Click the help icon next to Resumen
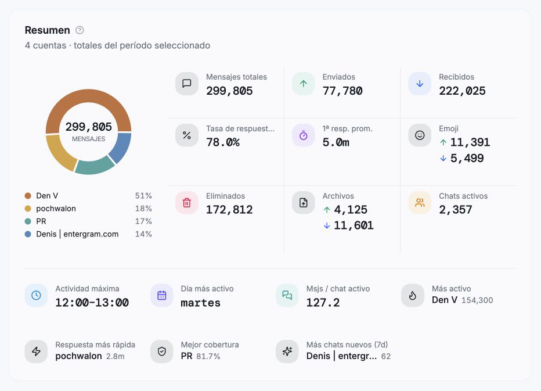(80, 30)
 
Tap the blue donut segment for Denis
(121, 147)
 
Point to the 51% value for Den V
(143, 196)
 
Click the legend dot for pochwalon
(28, 209)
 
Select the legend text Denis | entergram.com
(77, 234)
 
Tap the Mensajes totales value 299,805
(229, 91)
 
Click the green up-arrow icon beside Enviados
(303, 84)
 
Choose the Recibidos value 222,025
(462, 91)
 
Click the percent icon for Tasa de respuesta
(187, 135)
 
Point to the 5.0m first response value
(336, 142)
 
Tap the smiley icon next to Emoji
(420, 135)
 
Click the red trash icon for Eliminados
(187, 203)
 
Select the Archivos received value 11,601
(354, 225)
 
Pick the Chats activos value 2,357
(456, 210)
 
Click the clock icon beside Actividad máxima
(36, 295)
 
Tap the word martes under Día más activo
(200, 303)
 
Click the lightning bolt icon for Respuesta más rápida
(36, 351)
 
